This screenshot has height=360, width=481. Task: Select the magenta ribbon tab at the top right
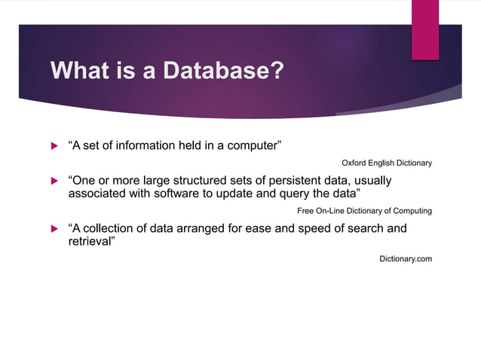[424, 28]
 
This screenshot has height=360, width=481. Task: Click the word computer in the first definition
[250, 146]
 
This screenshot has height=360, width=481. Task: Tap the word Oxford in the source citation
[354, 163]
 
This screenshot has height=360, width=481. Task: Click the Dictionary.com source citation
[405, 258]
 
